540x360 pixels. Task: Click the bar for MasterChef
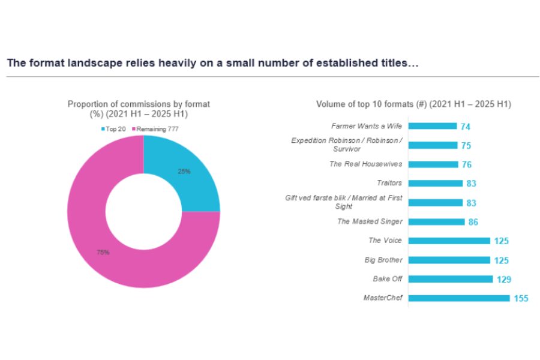point(459,298)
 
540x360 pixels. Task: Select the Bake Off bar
point(451,279)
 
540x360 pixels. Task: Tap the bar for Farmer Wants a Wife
point(433,126)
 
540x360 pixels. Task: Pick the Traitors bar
point(436,183)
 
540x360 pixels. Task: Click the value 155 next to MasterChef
point(521,298)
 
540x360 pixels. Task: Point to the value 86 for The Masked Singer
point(473,222)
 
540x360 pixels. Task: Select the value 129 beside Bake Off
point(504,279)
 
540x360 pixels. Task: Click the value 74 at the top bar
point(465,127)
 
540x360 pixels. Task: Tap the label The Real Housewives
point(365,164)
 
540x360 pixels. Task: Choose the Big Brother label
point(383,260)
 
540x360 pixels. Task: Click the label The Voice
point(385,241)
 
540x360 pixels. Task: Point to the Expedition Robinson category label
point(346,144)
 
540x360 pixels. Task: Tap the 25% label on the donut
point(184,171)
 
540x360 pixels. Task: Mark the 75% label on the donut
point(103,253)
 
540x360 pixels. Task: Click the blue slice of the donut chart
point(186,180)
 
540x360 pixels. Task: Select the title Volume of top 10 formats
point(413,104)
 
